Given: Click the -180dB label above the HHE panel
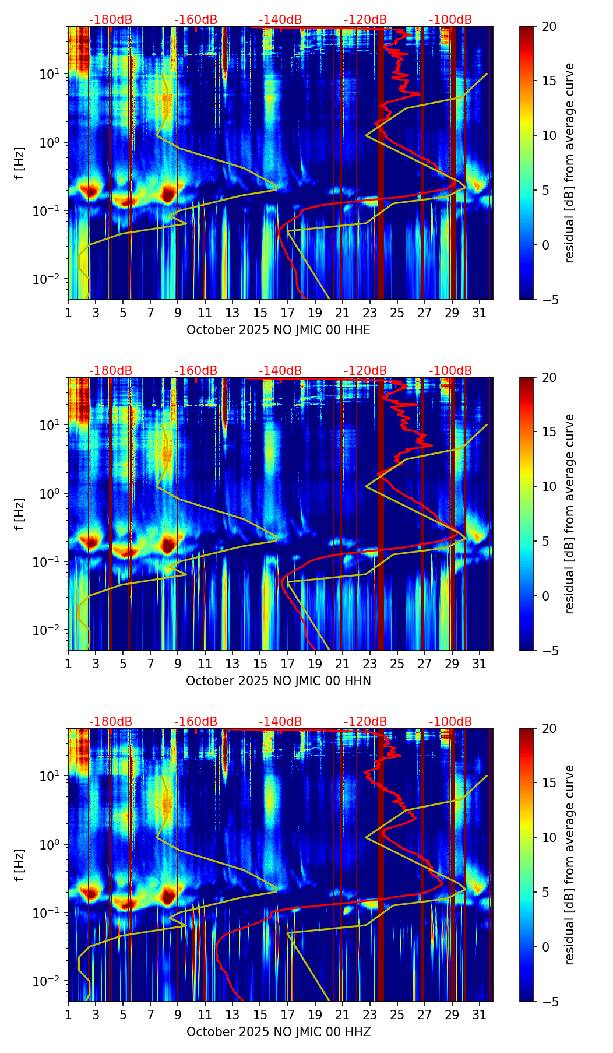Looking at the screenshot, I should pos(111,20).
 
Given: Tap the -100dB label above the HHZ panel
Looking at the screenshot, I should pos(450,722).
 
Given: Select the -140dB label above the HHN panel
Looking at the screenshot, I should pos(280,371).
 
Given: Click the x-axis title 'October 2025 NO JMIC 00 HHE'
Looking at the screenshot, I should pos(279,330).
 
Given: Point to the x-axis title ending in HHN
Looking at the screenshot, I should pos(279,681).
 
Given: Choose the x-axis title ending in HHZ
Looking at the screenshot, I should pos(279,1032).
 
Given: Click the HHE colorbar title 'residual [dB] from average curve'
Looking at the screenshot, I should pos(569,163).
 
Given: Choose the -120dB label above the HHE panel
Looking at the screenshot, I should pos(365,20).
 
